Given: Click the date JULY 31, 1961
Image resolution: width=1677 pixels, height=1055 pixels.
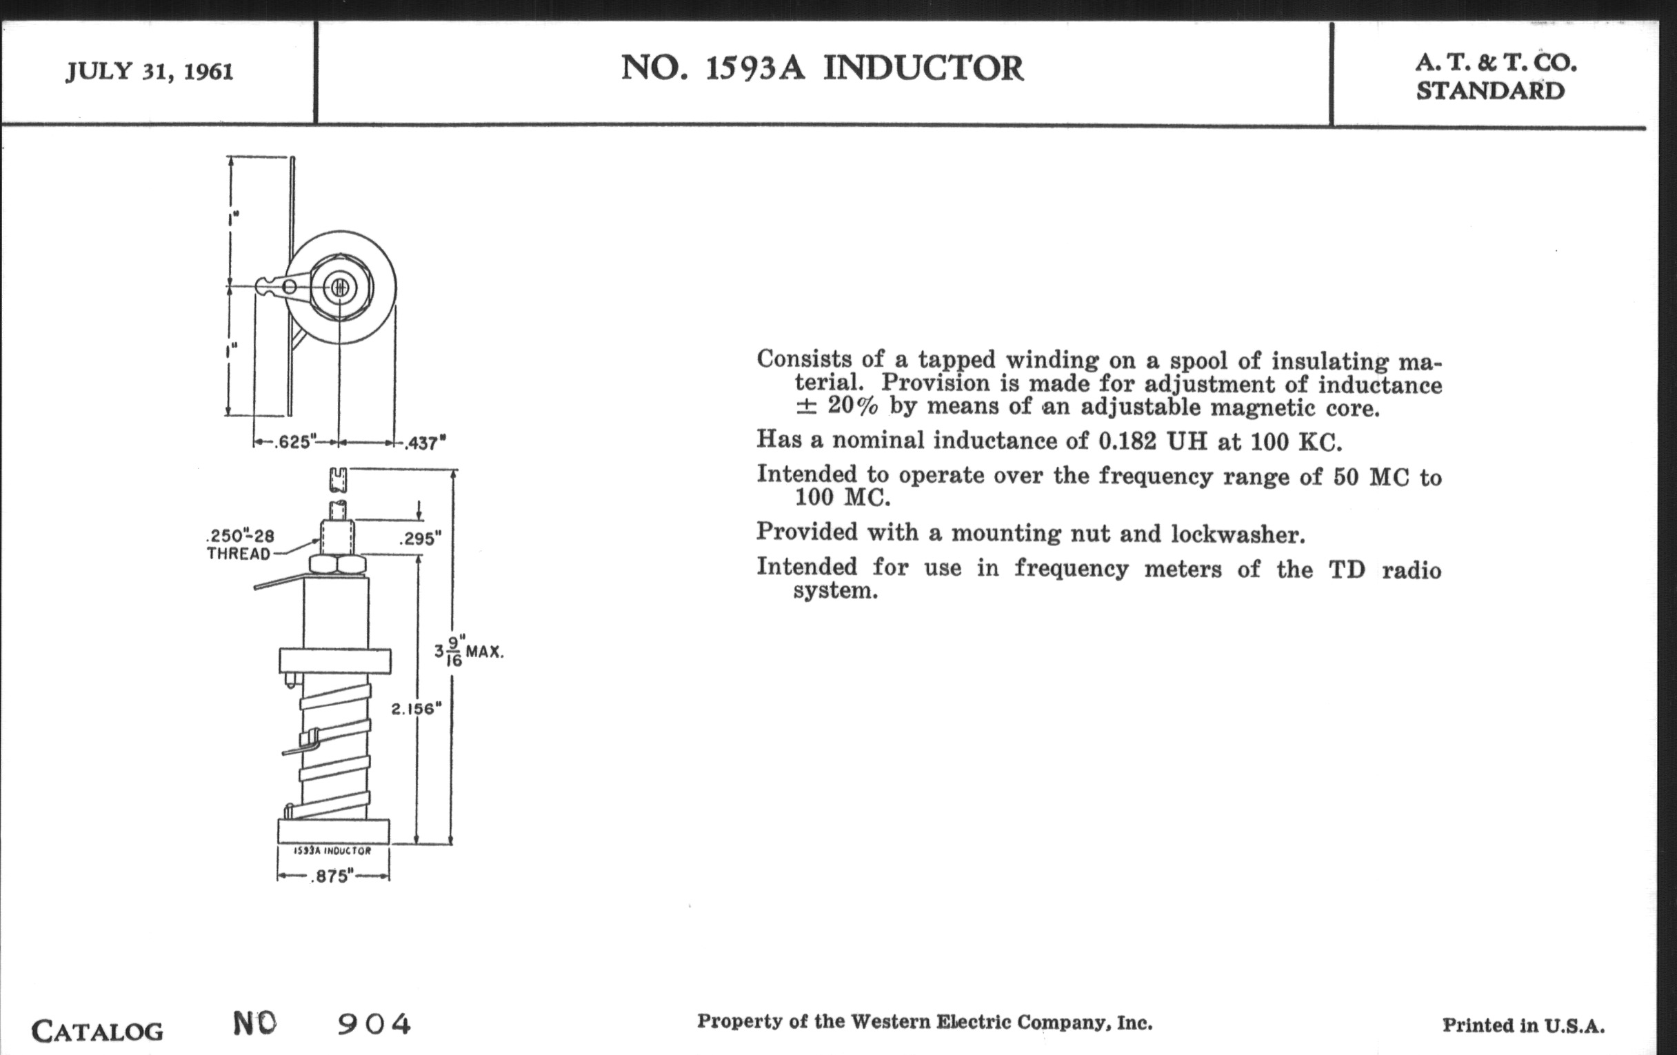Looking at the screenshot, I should [x=149, y=72].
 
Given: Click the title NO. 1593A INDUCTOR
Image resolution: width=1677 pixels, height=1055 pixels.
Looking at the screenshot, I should [x=822, y=69].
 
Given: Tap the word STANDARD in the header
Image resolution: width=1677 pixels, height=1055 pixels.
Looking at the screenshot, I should [x=1490, y=91].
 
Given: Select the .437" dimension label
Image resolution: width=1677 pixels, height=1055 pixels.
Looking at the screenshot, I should [x=425, y=443].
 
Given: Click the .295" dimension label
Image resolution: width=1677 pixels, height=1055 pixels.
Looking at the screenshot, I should [x=421, y=539].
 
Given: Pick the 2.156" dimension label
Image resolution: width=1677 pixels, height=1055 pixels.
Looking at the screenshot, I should [x=416, y=709].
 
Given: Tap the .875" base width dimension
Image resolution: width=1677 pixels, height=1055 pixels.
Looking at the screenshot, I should [x=332, y=876].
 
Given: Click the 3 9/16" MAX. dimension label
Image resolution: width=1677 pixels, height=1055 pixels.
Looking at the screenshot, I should [x=468, y=652].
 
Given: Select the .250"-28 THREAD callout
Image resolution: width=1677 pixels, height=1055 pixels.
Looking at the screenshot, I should [x=240, y=545].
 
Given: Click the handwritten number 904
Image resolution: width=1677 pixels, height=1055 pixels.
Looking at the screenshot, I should [x=374, y=1024].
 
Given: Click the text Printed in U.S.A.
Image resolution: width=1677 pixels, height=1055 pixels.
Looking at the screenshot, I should [x=1524, y=1025].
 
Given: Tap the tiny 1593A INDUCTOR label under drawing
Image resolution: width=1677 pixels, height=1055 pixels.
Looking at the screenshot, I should [x=333, y=851].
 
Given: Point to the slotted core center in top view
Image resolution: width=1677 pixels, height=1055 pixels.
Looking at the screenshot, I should [x=340, y=287].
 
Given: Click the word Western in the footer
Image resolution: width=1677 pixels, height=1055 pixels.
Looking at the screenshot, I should [x=891, y=1022].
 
